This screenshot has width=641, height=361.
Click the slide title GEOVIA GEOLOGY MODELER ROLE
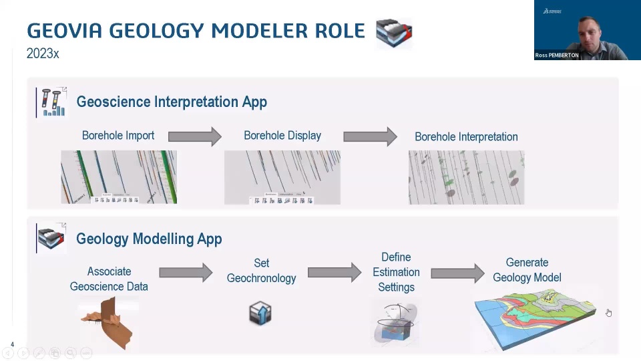click(196, 31)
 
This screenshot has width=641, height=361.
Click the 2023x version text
click(43, 53)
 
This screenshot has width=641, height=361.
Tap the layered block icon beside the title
click(394, 33)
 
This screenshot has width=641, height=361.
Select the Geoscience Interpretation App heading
click(172, 102)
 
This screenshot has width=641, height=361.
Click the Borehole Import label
click(118, 136)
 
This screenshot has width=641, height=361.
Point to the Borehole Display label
click(282, 136)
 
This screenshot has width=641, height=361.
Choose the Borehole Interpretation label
click(466, 136)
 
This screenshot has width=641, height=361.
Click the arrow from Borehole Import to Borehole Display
click(194, 136)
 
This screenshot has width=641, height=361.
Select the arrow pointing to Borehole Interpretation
click(370, 136)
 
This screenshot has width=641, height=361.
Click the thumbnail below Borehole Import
click(119, 177)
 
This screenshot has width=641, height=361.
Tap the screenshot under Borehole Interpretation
click(466, 177)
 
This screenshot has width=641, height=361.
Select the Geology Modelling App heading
click(149, 239)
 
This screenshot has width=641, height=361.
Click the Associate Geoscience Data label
click(109, 279)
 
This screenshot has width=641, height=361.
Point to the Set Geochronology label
click(261, 271)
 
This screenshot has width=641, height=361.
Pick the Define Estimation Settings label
click(396, 272)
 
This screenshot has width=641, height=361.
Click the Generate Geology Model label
click(527, 270)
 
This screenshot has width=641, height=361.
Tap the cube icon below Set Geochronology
click(260, 312)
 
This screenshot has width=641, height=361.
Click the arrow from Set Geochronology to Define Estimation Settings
click(334, 272)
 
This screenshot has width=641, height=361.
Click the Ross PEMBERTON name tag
click(557, 55)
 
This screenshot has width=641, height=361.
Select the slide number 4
click(12, 345)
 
